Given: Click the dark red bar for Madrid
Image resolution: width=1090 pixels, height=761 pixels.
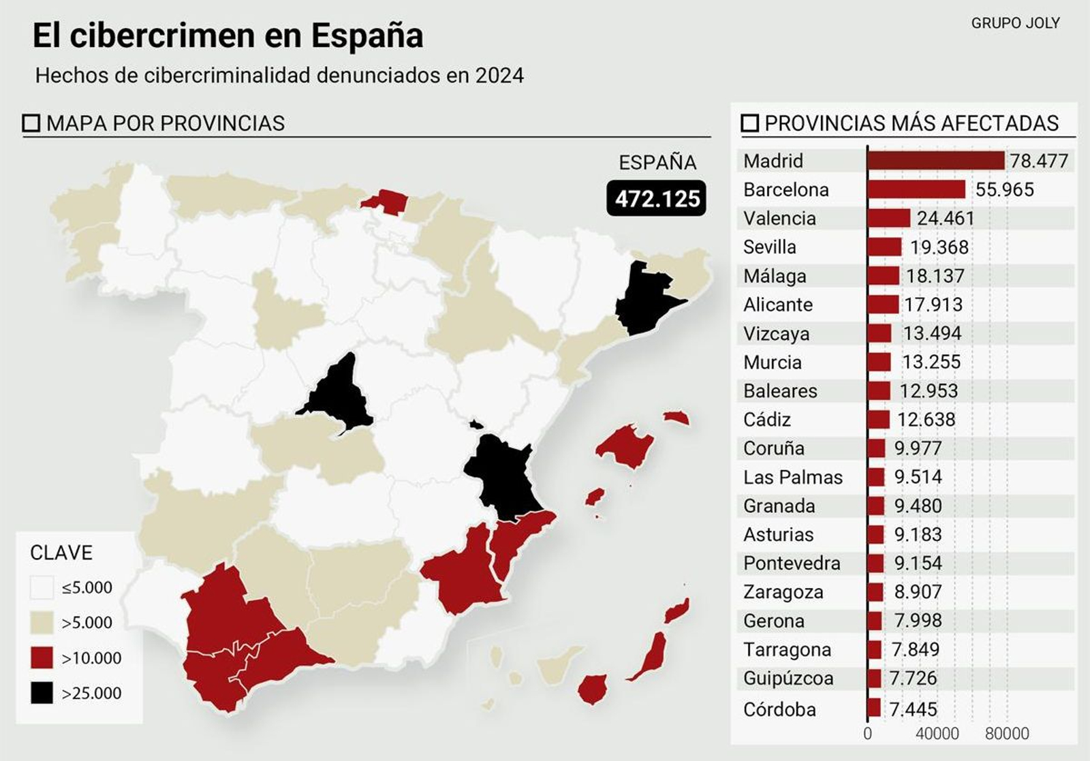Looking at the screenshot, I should pyautogui.click(x=936, y=161).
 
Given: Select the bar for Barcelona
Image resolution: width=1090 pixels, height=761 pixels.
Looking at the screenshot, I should pyautogui.click(x=916, y=189).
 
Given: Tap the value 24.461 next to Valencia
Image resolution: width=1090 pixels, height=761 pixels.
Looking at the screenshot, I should pyautogui.click(x=946, y=218).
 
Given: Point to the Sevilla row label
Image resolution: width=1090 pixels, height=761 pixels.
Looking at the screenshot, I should pyautogui.click(x=770, y=247).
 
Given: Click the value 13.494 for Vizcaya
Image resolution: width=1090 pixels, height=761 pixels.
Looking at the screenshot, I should pyautogui.click(x=932, y=333).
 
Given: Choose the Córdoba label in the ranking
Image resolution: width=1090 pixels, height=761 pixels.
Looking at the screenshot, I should pyautogui.click(x=779, y=709).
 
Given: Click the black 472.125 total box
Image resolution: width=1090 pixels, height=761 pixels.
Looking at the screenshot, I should pyautogui.click(x=657, y=199).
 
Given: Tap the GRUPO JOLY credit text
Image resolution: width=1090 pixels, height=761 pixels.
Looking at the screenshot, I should pyautogui.click(x=1015, y=23).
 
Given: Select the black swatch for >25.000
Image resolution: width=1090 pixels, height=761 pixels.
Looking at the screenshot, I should pyautogui.click(x=42, y=693).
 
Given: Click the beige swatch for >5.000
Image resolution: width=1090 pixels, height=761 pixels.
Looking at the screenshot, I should pyautogui.click(x=42, y=622).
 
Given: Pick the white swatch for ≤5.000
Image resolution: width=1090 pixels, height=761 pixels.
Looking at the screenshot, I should pyautogui.click(x=42, y=587).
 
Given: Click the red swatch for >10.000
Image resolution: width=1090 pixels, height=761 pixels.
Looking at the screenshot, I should pyautogui.click(x=42, y=658).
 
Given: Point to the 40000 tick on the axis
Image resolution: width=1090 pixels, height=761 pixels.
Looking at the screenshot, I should pyautogui.click(x=937, y=734).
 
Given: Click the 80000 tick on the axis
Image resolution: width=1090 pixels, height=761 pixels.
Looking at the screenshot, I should pyautogui.click(x=1007, y=734).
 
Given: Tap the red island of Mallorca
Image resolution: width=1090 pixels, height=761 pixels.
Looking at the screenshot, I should pyautogui.click(x=625, y=446).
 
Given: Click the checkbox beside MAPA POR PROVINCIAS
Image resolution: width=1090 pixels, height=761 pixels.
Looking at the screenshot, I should pyautogui.click(x=31, y=123).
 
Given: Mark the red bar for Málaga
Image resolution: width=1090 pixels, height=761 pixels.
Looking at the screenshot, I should pyautogui.click(x=884, y=276).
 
